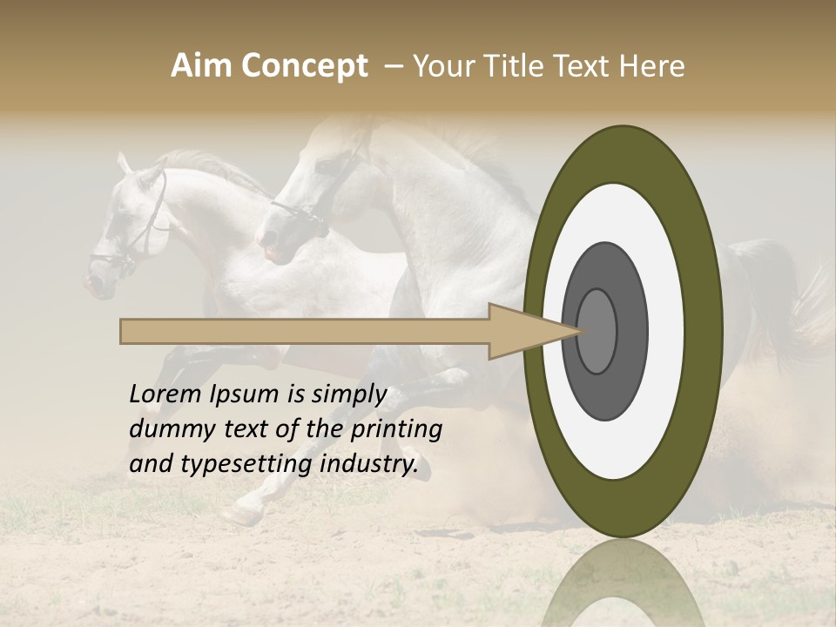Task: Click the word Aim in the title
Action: click(201, 66)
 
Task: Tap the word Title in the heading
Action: click(515, 66)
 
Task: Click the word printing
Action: click(395, 429)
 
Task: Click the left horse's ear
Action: click(125, 164)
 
